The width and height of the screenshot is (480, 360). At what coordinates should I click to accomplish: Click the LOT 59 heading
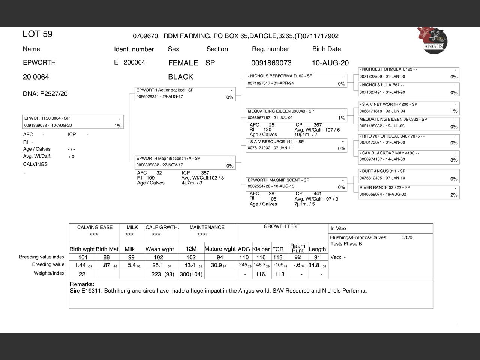coord(37,34)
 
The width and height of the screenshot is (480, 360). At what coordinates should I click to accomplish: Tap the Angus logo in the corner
coord(433,40)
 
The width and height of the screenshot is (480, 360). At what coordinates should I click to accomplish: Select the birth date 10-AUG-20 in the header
coord(330,63)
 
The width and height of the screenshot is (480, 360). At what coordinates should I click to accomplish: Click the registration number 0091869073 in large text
coord(271,63)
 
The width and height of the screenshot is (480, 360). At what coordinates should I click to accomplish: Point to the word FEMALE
coord(183,63)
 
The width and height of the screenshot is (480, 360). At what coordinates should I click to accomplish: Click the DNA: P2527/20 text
coord(45,94)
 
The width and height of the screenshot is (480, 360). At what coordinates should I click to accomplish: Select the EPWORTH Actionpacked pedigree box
coord(185,94)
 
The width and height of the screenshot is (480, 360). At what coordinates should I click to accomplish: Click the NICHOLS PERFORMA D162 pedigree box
coord(297,80)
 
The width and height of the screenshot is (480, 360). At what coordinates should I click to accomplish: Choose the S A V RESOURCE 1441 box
coord(297,145)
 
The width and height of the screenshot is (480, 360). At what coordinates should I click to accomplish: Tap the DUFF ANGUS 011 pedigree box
coord(409,175)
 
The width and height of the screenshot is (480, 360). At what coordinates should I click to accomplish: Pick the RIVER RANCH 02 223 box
coord(409,191)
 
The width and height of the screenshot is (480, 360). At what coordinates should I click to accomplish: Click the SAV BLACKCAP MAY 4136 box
coord(409,157)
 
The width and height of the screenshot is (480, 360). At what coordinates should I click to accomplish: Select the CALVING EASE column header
coord(94,227)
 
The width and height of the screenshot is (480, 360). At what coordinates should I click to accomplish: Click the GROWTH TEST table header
coord(282,226)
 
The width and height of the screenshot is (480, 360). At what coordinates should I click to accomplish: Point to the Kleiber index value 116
coord(261,257)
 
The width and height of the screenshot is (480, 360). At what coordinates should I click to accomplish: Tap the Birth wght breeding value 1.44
coord(80,265)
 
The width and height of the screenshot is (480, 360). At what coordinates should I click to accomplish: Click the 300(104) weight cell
coord(191,274)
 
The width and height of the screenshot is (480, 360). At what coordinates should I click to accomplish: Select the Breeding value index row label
coord(42,257)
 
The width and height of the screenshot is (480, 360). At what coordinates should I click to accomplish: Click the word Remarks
coord(82,284)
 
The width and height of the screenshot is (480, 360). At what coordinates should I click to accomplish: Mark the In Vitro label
coord(338,228)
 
